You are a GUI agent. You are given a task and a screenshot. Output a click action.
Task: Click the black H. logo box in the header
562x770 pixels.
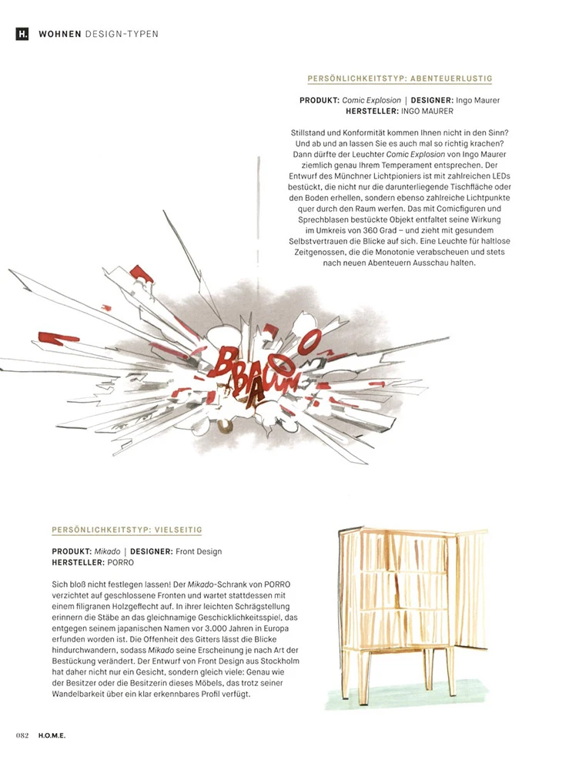coord(22,35)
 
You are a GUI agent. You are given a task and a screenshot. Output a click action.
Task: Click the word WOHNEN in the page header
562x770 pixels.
coord(60,35)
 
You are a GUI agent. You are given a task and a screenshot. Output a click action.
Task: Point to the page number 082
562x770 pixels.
coord(22,735)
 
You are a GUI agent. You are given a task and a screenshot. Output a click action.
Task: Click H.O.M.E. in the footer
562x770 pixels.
coord(50,735)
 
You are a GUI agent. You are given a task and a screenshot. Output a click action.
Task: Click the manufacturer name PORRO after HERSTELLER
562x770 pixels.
coord(112,563)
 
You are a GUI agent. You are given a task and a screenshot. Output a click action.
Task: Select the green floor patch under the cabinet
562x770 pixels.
coord(408,698)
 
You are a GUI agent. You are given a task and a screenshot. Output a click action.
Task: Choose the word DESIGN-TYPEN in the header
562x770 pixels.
coord(122,35)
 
